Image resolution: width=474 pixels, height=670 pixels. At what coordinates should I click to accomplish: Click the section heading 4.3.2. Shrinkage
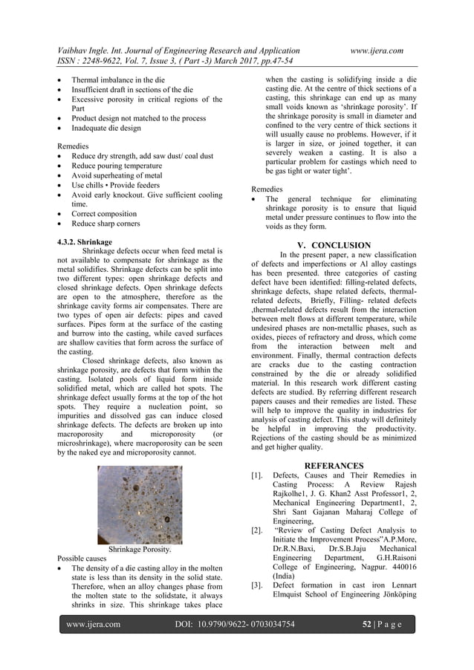pos(85,242)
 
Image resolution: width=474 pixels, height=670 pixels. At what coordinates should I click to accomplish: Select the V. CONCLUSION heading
pos(334,245)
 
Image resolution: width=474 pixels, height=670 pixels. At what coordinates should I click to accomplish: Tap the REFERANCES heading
pos(334,465)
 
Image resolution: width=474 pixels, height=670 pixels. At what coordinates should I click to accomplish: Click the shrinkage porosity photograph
pos(140,504)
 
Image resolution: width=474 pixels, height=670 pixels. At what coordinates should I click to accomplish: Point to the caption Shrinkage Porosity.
pos(140,550)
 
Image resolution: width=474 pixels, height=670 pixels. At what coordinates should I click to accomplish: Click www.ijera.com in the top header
pos(376,51)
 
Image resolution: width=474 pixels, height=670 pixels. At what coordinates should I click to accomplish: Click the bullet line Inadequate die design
pos(105,128)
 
